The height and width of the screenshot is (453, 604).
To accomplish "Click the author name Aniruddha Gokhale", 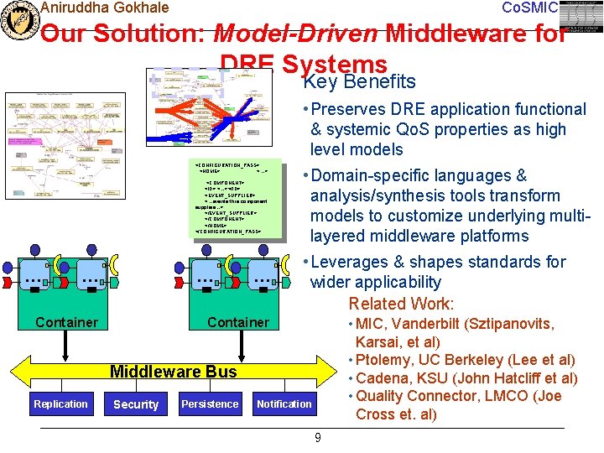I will pyautogui.click(x=104, y=8).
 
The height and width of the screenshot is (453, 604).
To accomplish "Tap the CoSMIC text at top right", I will pyautogui.click(x=528, y=8).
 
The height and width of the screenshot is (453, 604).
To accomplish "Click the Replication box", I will pyautogui.click(x=60, y=404).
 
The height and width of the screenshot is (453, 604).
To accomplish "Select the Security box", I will pyautogui.click(x=136, y=404).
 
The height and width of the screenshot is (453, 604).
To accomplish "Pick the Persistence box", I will pyautogui.click(x=210, y=404).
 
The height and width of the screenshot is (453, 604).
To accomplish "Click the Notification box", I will pyautogui.click(x=284, y=404).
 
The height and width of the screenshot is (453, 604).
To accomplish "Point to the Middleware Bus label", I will pyautogui.click(x=174, y=372).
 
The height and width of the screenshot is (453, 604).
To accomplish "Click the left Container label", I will pyautogui.click(x=66, y=322).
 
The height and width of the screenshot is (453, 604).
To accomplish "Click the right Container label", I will pyautogui.click(x=238, y=322).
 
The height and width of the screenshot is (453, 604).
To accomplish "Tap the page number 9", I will pyautogui.click(x=317, y=437).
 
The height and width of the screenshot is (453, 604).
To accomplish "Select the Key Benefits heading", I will pyautogui.click(x=359, y=81).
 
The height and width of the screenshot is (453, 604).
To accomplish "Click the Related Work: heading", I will pyautogui.click(x=401, y=304).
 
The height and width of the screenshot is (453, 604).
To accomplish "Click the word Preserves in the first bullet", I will pyautogui.click(x=351, y=109).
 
